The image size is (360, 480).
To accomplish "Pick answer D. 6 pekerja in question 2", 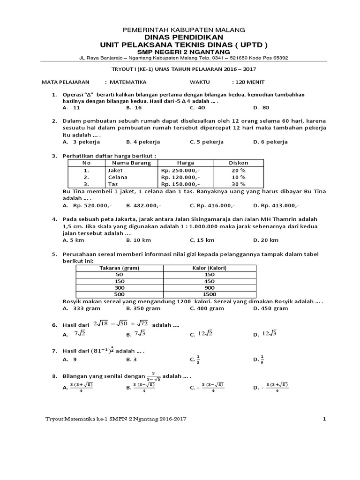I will [x=270, y=142].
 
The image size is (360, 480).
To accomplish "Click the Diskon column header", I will [x=238, y=163].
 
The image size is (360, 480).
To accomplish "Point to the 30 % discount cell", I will [x=238, y=185].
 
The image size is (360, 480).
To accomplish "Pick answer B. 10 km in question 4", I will [x=139, y=240].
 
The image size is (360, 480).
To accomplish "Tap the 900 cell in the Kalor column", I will [x=209, y=287].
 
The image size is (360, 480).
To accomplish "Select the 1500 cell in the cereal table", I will [x=209, y=294].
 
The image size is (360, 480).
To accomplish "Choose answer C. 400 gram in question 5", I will [x=207, y=308].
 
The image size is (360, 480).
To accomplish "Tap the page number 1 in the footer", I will [x=323, y=419].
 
